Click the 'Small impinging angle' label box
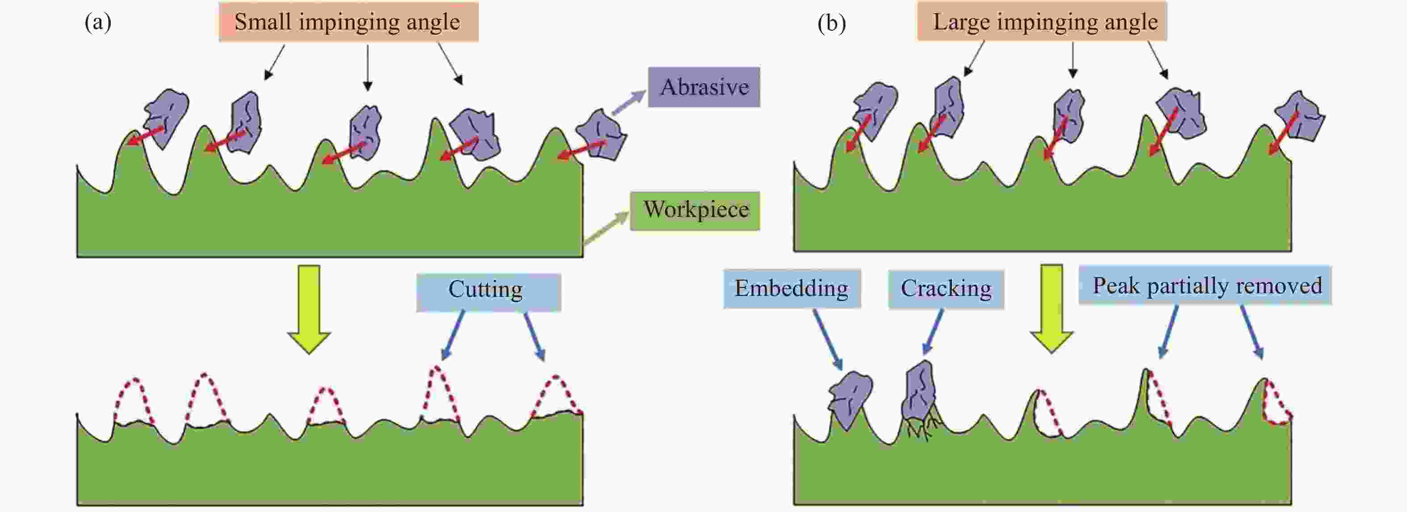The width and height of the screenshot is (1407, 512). [348, 22]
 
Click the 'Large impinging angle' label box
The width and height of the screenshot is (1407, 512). [1042, 22]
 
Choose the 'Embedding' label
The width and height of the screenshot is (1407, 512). [791, 288]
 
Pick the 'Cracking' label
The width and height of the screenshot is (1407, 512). [946, 289]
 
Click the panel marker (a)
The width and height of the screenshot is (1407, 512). [98, 22]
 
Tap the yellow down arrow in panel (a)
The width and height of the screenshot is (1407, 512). [309, 308]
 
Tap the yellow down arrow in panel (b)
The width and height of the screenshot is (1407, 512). [1051, 308]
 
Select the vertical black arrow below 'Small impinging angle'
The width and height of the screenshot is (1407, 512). [368, 68]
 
